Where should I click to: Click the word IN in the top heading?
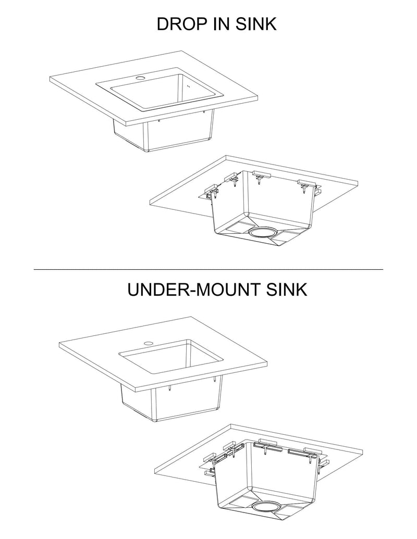pyautogui.click(x=220, y=24)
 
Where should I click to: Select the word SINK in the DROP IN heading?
pyautogui.click(x=256, y=24)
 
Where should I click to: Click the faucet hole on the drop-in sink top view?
pyautogui.click(x=140, y=78)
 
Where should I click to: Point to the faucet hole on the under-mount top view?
pyautogui.click(x=148, y=343)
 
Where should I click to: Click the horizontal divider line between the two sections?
pyautogui.click(x=208, y=269)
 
